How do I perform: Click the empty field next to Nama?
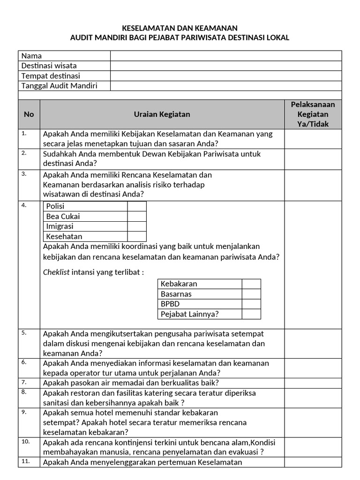pos(225,56)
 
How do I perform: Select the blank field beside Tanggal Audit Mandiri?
pos(225,86)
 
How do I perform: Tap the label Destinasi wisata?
pos(49,66)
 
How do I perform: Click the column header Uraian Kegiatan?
pos(162,114)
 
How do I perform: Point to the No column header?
pos(29,114)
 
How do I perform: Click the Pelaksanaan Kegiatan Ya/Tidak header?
pos(313,114)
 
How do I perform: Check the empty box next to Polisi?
pos(137,206)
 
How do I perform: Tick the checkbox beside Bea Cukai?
pos(137,216)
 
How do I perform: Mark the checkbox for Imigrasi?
pos(137,226)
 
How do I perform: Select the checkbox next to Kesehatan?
pos(137,237)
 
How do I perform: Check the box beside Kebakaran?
pos(251,284)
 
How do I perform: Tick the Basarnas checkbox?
pos(251,294)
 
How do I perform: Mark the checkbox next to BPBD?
pos(251,304)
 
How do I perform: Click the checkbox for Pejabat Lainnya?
pos(251,314)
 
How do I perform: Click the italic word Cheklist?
pos(56,272)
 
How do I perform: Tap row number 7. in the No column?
pos(24,382)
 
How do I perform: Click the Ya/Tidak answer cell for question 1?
pos(313,139)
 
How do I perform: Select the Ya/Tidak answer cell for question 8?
pos(313,397)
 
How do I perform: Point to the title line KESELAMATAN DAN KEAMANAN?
pos(180,28)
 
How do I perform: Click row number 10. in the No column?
pos(25,442)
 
